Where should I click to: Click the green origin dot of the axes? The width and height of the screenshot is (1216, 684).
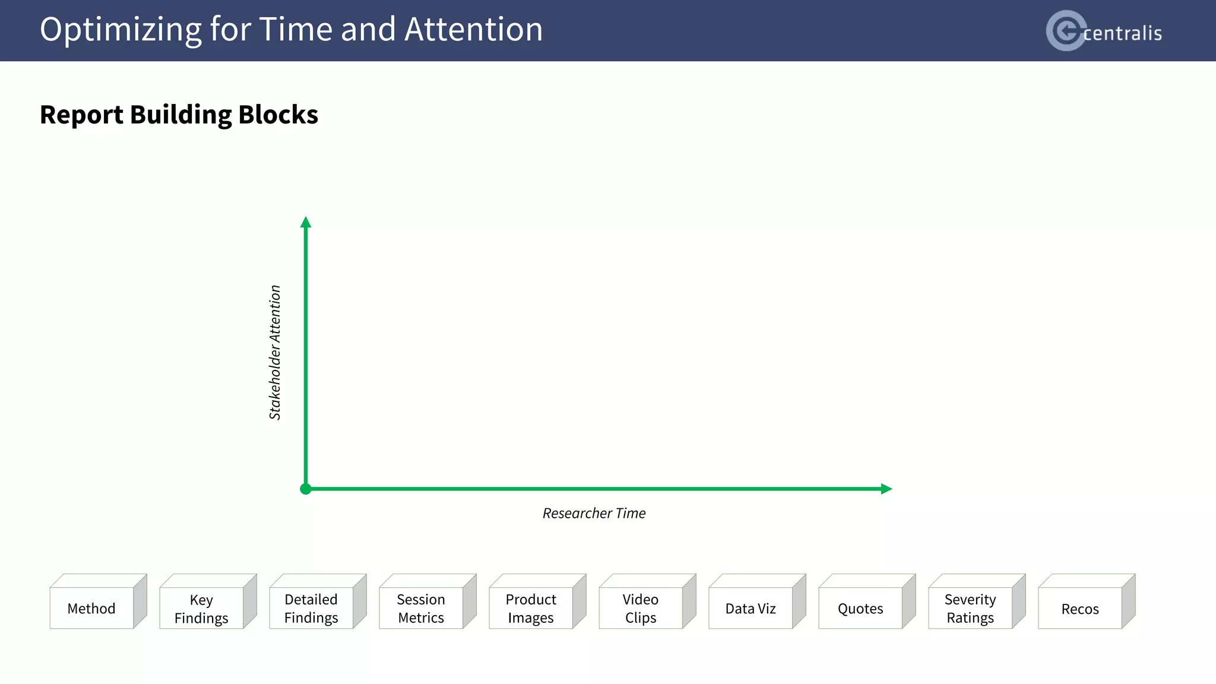(306, 489)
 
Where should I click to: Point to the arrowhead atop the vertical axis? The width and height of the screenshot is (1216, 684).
(306, 223)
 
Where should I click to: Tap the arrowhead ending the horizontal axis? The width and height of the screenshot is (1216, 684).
(886, 489)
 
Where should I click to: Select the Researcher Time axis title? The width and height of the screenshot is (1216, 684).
(594, 513)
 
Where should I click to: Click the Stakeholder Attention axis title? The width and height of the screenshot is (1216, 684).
(275, 353)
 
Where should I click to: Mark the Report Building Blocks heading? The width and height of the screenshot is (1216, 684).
(179, 115)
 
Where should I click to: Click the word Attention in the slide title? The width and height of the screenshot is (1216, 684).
(473, 29)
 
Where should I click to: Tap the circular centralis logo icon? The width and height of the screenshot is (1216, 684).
(1065, 30)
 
